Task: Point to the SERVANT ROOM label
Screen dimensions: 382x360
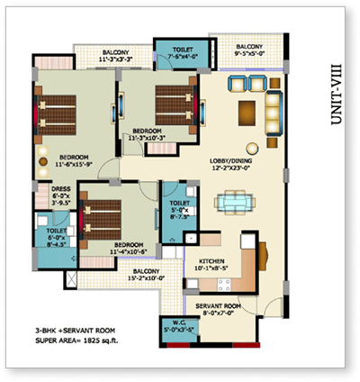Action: [220, 307]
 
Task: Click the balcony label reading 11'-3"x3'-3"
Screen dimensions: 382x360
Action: [116, 55]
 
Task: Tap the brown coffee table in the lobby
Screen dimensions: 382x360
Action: [246, 113]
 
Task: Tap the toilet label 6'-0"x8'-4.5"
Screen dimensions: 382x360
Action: [45, 235]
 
